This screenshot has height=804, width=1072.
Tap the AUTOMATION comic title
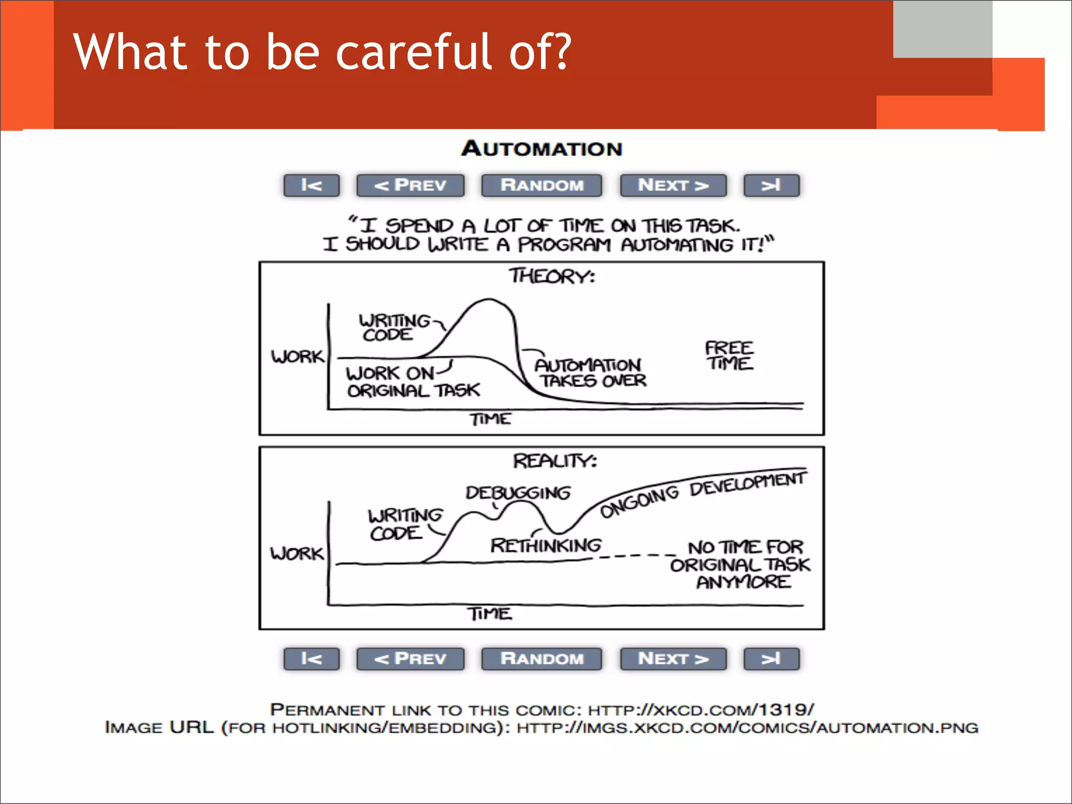click(542, 149)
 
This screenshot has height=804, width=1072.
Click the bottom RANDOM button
click(542, 659)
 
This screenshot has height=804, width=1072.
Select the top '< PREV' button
click(410, 185)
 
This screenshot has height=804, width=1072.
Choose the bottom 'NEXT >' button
click(673, 659)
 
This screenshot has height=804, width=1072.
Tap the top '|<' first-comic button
click(311, 185)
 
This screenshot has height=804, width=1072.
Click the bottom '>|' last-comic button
click(772, 659)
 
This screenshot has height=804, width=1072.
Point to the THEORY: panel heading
click(552, 276)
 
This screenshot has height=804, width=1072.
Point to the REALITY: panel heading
click(555, 461)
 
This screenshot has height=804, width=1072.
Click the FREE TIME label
click(729, 356)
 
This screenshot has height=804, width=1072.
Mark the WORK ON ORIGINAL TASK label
click(412, 382)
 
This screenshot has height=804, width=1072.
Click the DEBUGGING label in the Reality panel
click(518, 492)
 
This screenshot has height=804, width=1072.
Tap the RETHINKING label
click(546, 546)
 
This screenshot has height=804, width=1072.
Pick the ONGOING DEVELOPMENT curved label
click(701, 492)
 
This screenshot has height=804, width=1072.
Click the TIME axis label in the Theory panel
click(490, 419)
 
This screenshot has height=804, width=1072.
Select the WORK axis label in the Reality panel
click(297, 553)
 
